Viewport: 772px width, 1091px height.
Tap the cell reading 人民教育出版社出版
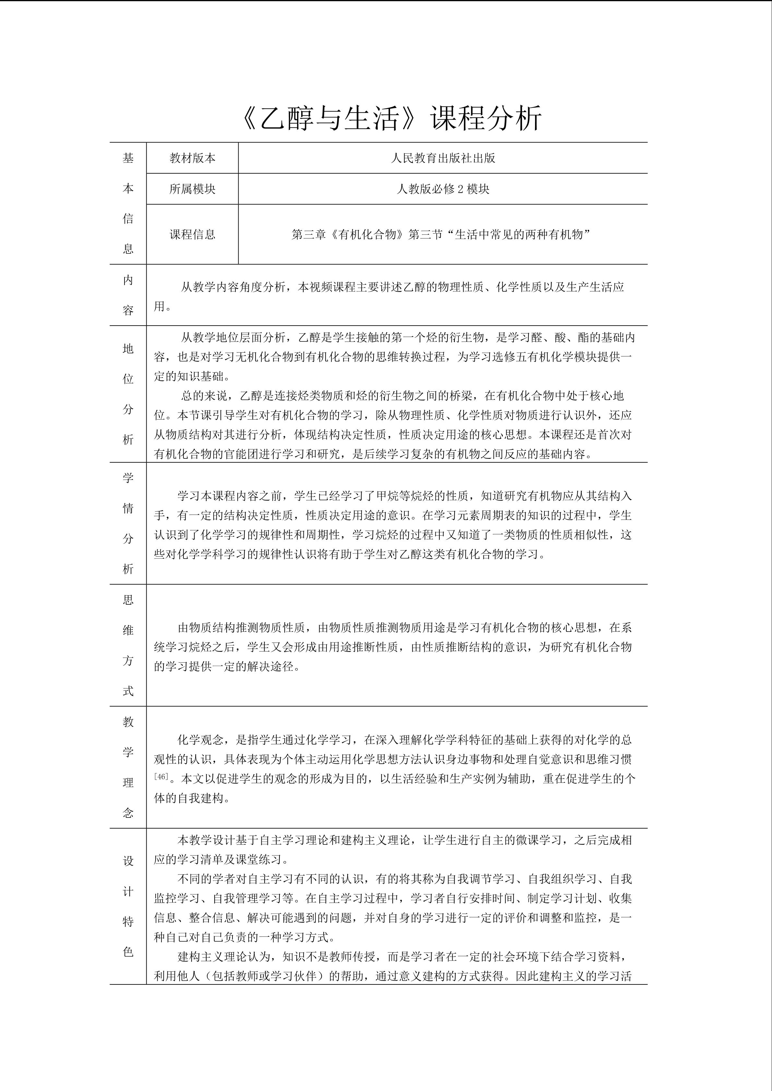point(443,158)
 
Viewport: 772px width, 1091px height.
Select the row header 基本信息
point(128,203)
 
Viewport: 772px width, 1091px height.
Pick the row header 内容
point(128,295)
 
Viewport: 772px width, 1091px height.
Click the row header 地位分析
point(128,394)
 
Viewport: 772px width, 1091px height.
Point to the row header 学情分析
point(128,523)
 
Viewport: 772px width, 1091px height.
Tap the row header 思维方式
point(128,645)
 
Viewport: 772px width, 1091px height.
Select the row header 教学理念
point(128,767)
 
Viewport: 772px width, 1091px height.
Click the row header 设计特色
point(128,906)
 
